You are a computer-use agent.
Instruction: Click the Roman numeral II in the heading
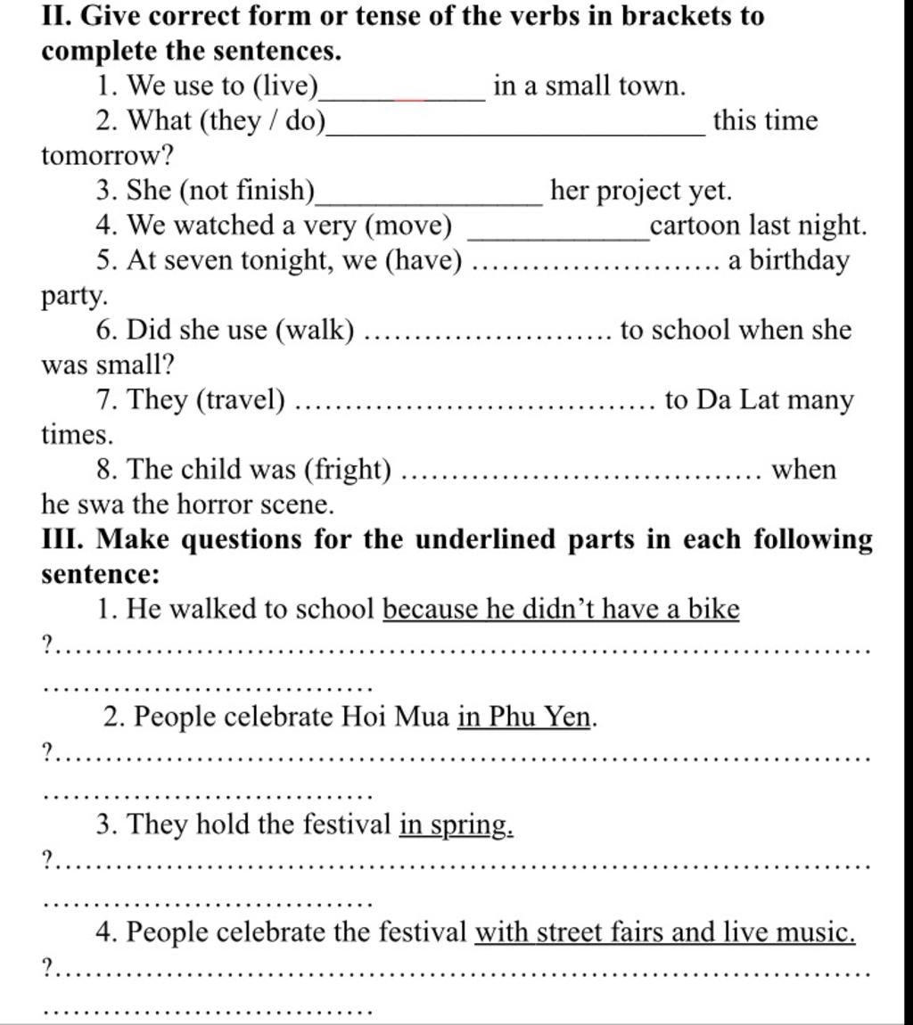click(54, 16)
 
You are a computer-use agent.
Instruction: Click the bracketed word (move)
click(410, 226)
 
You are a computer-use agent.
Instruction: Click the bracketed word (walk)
click(317, 331)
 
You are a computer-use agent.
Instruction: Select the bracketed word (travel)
click(243, 401)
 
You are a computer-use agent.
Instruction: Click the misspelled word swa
click(97, 505)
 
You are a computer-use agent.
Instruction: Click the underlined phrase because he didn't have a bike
click(561, 610)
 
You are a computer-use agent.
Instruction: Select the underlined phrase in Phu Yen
click(525, 717)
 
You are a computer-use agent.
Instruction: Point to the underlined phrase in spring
click(456, 825)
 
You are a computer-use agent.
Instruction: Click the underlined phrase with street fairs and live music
click(665, 933)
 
